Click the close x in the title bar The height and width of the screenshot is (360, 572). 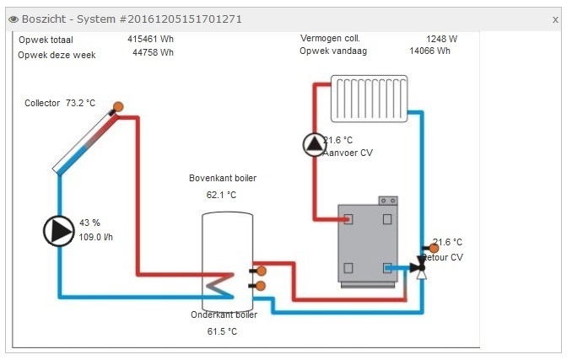pos(555,19)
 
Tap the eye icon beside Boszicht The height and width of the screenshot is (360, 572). pos(13,19)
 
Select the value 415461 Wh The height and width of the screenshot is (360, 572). pos(150,39)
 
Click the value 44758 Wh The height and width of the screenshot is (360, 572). pos(153,53)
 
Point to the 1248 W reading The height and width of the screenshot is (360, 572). pos(441,39)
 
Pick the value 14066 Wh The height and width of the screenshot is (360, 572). pos(429,51)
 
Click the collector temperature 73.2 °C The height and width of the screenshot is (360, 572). pos(80,103)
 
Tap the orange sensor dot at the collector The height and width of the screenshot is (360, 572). pos(118,107)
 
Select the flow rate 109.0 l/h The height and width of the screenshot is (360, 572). pos(96,237)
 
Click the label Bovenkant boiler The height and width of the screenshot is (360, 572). pos(223,178)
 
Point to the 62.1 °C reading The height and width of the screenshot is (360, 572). pos(221,195)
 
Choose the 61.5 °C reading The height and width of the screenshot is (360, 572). pos(222,331)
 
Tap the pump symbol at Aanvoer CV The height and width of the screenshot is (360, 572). pos(314,145)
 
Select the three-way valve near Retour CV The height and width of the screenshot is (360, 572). pos(419,269)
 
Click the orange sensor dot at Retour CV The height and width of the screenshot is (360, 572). pos(434,249)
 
